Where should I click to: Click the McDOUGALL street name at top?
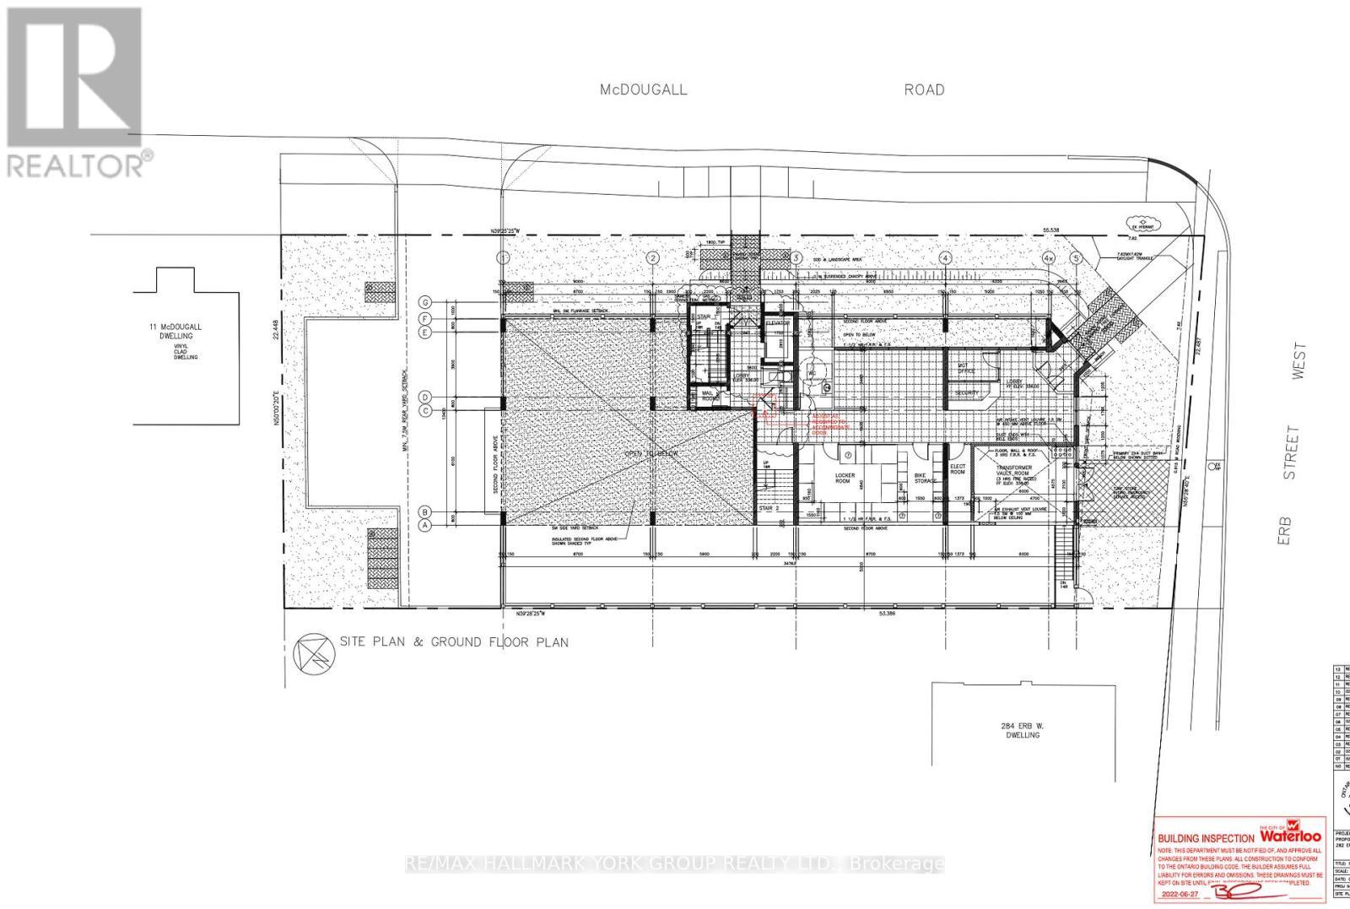pyautogui.click(x=643, y=89)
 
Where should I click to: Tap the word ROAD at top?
pyautogui.click(x=925, y=89)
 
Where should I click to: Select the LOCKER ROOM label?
pyautogui.click(x=845, y=479)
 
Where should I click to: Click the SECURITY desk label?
pyautogui.click(x=967, y=393)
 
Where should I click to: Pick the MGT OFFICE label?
pyautogui.click(x=967, y=368)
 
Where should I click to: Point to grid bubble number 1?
pyautogui.click(x=504, y=257)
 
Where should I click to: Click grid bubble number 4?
pyautogui.click(x=946, y=257)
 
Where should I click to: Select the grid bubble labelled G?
pyautogui.click(x=427, y=302)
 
